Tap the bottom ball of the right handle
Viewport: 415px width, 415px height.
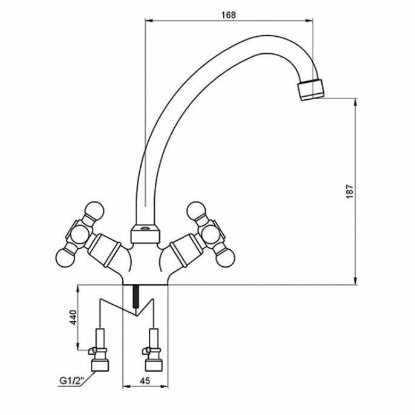click(226, 257)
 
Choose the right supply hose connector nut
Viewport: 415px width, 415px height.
click(154, 364)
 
